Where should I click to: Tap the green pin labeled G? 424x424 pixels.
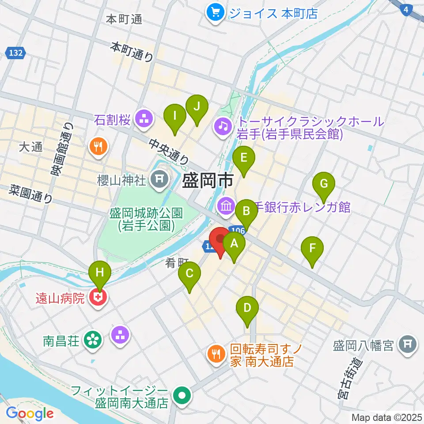click(x=324, y=183)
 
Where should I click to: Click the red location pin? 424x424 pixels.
click(x=220, y=241)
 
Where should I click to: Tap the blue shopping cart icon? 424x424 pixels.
click(x=215, y=13)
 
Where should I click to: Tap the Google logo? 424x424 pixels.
click(x=30, y=413)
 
